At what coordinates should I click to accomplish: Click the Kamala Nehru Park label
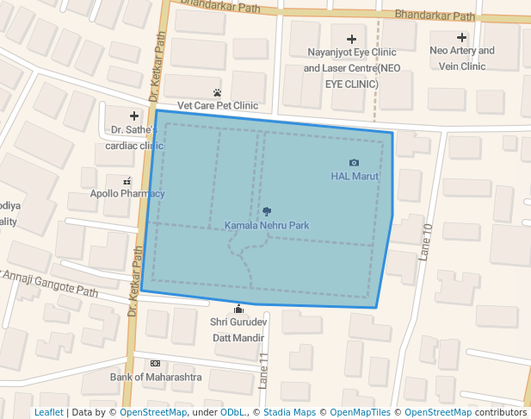click(x=266, y=226)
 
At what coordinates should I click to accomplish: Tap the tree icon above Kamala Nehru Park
click(x=266, y=211)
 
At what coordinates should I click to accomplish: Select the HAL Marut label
click(x=355, y=177)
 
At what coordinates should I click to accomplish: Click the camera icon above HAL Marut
click(x=354, y=162)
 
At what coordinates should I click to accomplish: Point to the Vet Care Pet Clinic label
click(x=218, y=106)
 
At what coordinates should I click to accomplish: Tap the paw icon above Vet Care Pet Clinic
click(x=217, y=92)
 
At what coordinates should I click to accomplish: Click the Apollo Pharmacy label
click(x=127, y=194)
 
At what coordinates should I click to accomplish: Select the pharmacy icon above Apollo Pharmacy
click(x=127, y=181)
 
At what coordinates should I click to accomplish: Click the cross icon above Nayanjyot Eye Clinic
click(x=351, y=39)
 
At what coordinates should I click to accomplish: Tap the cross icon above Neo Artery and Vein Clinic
click(x=462, y=37)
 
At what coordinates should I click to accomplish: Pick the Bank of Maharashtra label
click(x=156, y=378)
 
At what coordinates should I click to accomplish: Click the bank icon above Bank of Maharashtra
click(x=155, y=363)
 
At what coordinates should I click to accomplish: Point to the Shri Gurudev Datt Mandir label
click(x=239, y=329)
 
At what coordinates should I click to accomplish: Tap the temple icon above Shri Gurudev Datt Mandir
click(x=238, y=310)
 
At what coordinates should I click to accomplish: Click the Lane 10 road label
click(x=424, y=241)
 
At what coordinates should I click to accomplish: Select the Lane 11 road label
click(x=264, y=368)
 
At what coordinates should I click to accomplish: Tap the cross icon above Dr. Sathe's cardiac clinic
click(x=133, y=116)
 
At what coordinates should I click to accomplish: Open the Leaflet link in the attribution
click(x=48, y=413)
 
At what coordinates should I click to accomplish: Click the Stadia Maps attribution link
click(x=290, y=413)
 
